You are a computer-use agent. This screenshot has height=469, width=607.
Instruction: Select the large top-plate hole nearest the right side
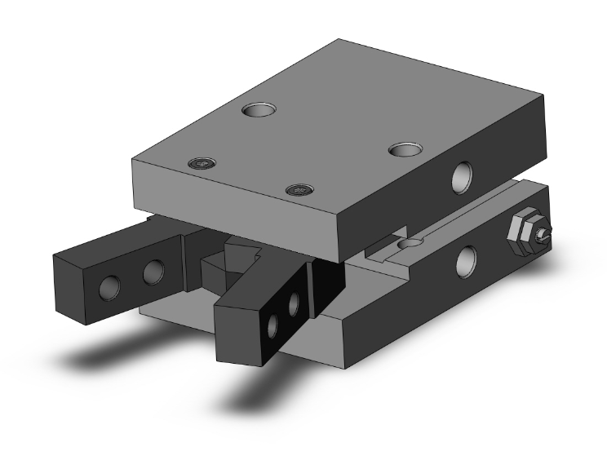pyautogui.click(x=404, y=149)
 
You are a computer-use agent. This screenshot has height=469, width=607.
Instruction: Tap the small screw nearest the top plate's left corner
pyautogui.click(x=200, y=164)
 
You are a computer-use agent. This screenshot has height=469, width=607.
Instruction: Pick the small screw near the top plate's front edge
pyautogui.click(x=299, y=190)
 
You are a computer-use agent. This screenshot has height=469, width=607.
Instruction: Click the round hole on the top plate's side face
pyautogui.click(x=464, y=176)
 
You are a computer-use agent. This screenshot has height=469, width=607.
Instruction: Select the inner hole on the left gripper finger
pyautogui.click(x=153, y=272)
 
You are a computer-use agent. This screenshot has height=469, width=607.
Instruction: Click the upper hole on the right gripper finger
pyautogui.click(x=295, y=304)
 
